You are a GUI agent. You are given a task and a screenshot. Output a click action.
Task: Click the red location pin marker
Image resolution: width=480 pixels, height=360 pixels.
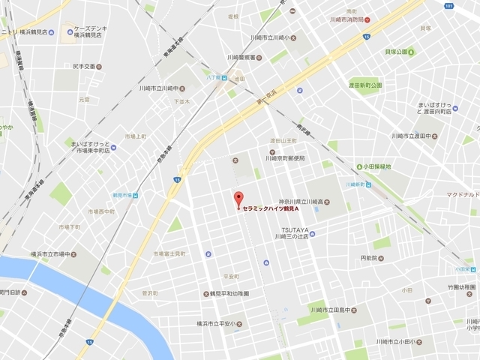pos(238,199)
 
